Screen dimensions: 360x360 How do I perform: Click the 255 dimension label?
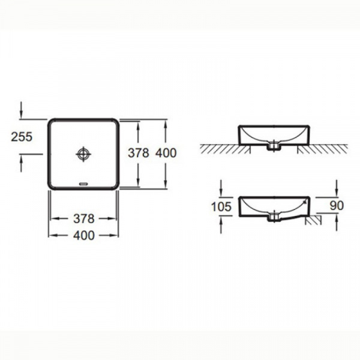coord(22,137)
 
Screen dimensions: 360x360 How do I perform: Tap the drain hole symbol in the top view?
coord(83,154)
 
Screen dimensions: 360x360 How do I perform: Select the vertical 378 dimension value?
coord(139,153)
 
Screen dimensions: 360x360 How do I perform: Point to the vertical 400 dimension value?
coord(166,153)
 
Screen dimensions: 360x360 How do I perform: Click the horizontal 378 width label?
coord(84,219)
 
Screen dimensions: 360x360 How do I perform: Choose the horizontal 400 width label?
coord(84,236)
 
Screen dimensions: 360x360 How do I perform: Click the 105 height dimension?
coord(221,206)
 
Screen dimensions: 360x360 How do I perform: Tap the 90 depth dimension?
coord(337,206)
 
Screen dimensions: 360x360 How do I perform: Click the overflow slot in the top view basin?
coord(83,184)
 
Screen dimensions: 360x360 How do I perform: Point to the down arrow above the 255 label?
coord(21,110)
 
